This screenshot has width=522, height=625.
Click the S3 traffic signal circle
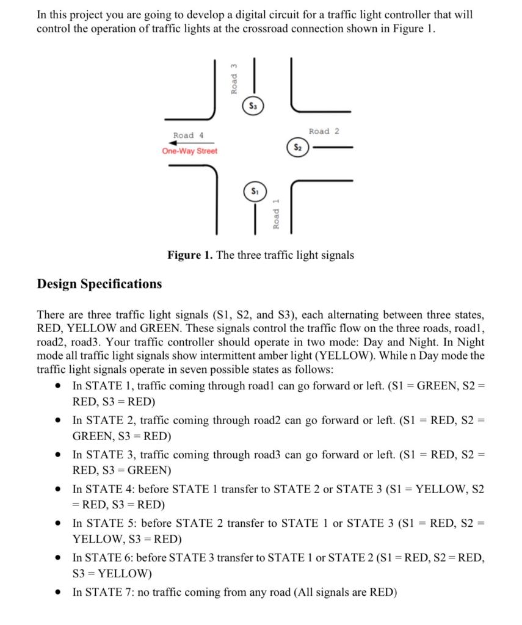[x=252, y=105]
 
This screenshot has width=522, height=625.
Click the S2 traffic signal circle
[x=297, y=147]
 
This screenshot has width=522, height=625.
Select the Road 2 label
[x=324, y=131]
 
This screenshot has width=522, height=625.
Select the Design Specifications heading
[x=100, y=284]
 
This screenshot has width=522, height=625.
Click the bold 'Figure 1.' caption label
[x=190, y=255]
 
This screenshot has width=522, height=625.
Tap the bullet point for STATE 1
[x=57, y=387]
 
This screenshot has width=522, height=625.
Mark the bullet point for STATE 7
[x=57, y=593]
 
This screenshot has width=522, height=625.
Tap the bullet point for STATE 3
[x=57, y=455]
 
